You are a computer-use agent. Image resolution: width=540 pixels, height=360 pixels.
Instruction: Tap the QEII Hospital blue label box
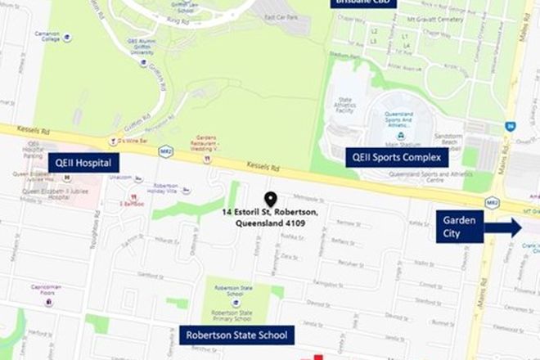click(83, 162)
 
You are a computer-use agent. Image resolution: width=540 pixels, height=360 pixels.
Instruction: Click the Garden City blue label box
click(455, 227)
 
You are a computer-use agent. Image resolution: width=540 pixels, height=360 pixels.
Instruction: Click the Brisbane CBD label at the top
click(363, 2)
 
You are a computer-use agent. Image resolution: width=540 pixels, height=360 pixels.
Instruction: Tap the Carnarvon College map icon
click(66, 38)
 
